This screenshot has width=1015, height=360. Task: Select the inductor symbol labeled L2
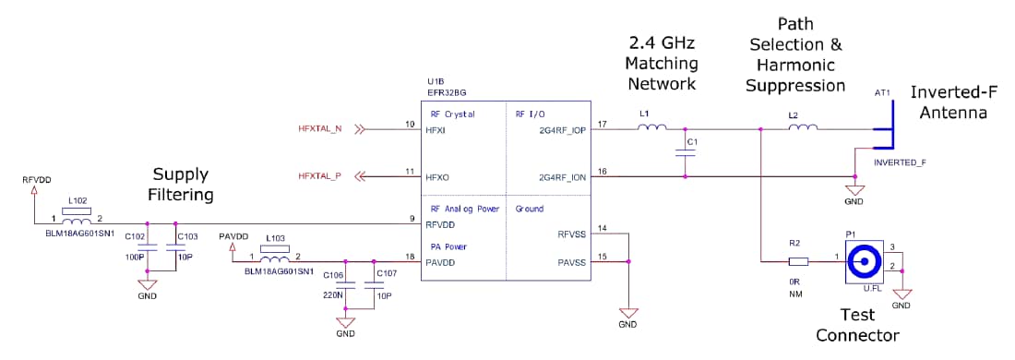pyautogui.click(x=802, y=128)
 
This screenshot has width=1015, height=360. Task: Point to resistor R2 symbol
pyautogui.click(x=797, y=262)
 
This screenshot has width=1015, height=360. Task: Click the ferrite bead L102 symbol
pyautogui.click(x=76, y=221)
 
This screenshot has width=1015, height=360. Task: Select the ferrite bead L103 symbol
pyautogui.click(x=274, y=258)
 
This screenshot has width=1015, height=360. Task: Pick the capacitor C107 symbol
pyautogui.click(x=374, y=286)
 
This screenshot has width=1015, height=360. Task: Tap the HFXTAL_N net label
pyautogui.click(x=319, y=129)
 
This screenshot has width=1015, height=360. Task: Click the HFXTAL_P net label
pyautogui.click(x=319, y=176)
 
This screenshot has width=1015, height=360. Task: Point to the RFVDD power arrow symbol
pyautogui.click(x=34, y=191)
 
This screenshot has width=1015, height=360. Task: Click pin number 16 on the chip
pyautogui.click(x=602, y=170)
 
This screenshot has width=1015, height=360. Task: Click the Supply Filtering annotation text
pyautogui.click(x=181, y=184)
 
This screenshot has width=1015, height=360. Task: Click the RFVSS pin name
pyautogui.click(x=572, y=234)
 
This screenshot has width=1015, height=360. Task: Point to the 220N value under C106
pyautogui.click(x=333, y=294)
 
